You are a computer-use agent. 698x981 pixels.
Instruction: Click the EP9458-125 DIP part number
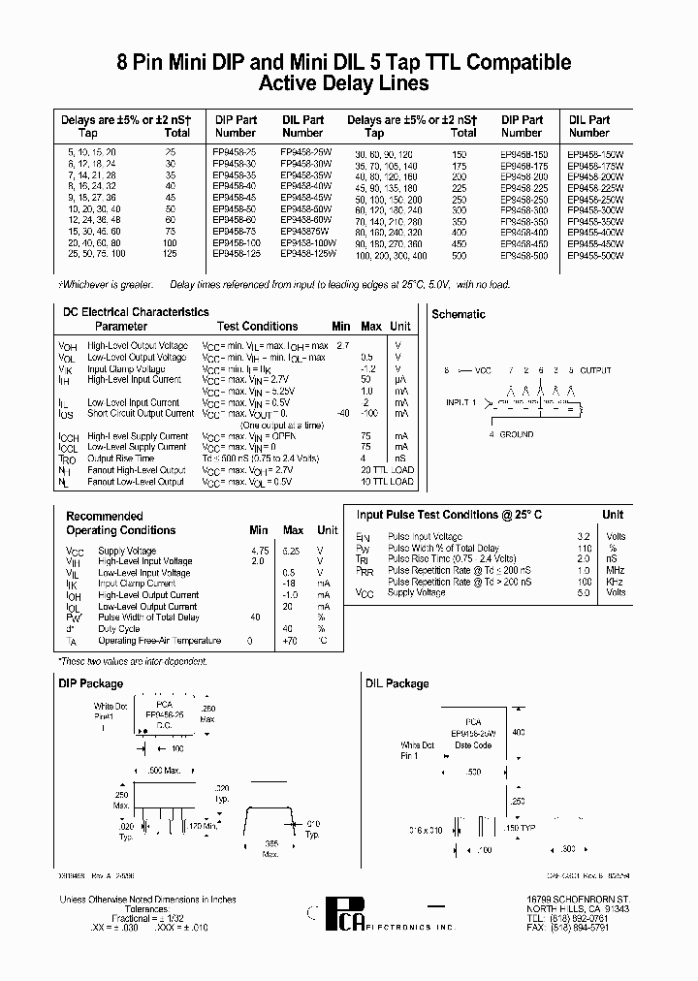pos(236,254)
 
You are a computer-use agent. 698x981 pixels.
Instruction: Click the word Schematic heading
pos(459,315)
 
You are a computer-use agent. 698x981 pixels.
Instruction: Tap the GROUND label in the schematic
pos(517,434)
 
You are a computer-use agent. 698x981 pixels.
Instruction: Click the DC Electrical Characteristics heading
pos(135,312)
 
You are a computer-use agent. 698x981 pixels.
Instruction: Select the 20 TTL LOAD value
pos(387,470)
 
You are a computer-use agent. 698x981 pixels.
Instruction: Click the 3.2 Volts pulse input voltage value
pos(584,536)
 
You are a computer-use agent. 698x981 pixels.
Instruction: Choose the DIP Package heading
pos(91,683)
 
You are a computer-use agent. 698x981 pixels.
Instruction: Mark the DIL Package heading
pos(397,683)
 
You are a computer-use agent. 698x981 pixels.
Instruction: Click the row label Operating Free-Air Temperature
pos(160,641)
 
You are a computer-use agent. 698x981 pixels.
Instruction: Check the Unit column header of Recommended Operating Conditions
pos(328,530)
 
